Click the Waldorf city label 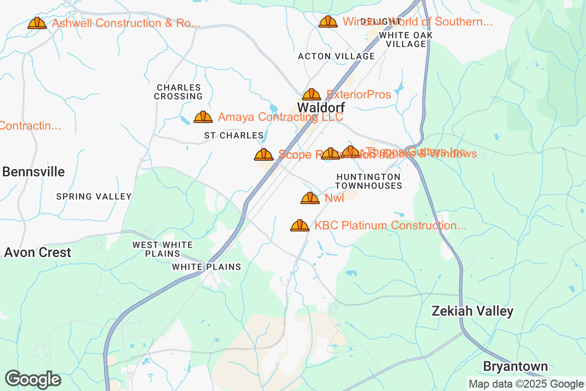tap(321, 108)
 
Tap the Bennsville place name tap(34, 172)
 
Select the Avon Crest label tap(38, 253)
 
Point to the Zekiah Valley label tap(473, 311)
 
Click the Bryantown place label tap(515, 367)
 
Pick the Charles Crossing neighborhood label tap(178, 92)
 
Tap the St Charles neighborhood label tap(233, 135)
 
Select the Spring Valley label tap(94, 196)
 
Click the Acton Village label tap(336, 57)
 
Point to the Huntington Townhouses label tap(369, 181)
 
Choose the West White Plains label tap(163, 249)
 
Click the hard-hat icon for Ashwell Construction tap(37, 23)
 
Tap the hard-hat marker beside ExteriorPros tap(312, 94)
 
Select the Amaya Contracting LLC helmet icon tap(203, 117)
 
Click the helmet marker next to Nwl tap(310, 198)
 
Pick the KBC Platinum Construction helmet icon tap(300, 225)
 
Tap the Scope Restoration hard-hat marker tap(264, 154)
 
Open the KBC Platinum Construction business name tap(390, 225)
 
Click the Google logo tap(33, 379)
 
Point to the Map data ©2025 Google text tap(526, 384)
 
